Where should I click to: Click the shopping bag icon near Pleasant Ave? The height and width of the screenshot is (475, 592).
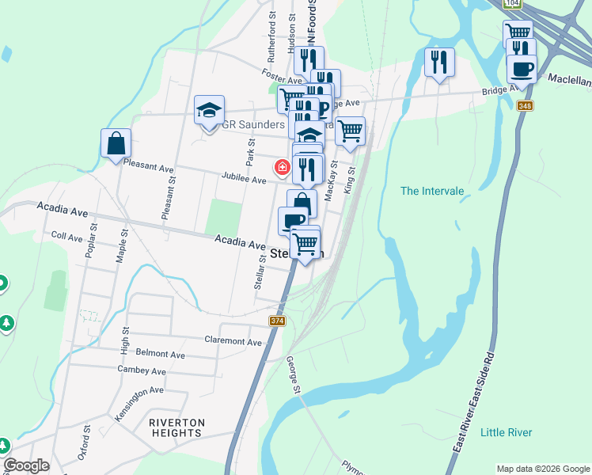(x=116, y=144)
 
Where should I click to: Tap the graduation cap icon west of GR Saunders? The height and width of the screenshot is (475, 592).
(x=210, y=111)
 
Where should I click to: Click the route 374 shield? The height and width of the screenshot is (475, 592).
(x=277, y=321)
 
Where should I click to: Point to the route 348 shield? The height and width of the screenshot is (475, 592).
(x=524, y=106)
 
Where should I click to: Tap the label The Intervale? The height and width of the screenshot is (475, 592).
(x=431, y=191)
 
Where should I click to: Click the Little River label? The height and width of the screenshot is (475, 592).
(x=507, y=432)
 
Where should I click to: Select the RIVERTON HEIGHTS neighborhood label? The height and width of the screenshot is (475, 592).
(x=177, y=427)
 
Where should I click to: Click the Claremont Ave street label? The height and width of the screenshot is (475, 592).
(x=233, y=342)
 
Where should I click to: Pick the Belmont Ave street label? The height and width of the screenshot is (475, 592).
(x=161, y=355)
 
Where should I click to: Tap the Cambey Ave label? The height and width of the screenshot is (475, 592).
(x=142, y=370)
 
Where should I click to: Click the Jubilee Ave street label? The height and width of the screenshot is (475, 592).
(x=244, y=180)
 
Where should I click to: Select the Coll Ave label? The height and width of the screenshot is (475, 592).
(x=66, y=237)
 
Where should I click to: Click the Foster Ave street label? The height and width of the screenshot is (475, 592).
(x=284, y=80)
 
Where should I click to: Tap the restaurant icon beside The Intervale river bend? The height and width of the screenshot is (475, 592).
(x=439, y=62)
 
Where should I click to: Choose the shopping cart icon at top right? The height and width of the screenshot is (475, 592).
(x=518, y=33)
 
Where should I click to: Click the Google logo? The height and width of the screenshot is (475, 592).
(x=26, y=465)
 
